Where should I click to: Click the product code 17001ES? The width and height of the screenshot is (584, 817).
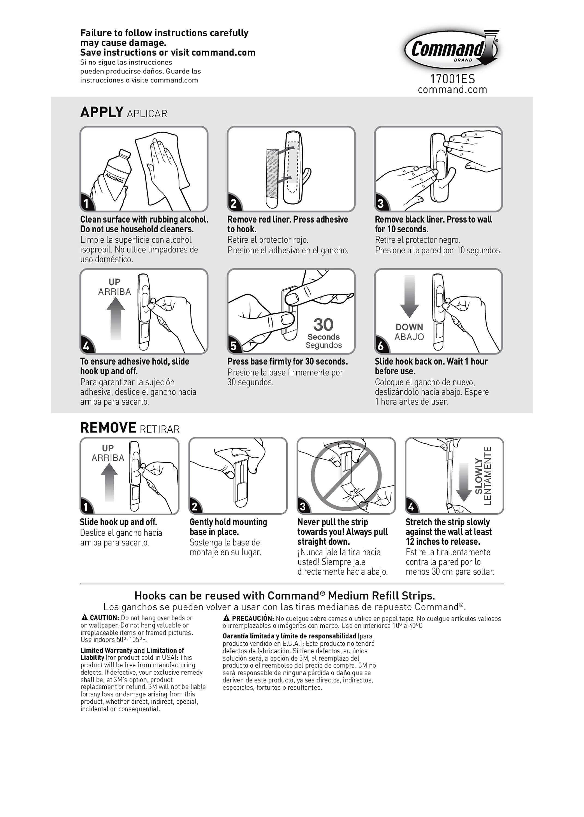tap(452, 79)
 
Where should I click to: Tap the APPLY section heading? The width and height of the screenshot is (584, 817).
tap(102, 112)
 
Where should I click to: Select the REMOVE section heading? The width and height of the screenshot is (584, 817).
tap(108, 428)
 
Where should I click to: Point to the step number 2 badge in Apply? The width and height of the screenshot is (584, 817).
tap(233, 204)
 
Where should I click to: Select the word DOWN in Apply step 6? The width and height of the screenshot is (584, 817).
tap(409, 327)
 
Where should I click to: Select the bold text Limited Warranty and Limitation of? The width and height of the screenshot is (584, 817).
tap(132, 650)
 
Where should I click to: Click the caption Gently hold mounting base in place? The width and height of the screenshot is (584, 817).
tap(228, 527)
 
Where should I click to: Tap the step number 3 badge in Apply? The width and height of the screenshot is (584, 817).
tap(380, 204)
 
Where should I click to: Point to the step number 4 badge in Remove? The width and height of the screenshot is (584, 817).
tap(411, 507)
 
